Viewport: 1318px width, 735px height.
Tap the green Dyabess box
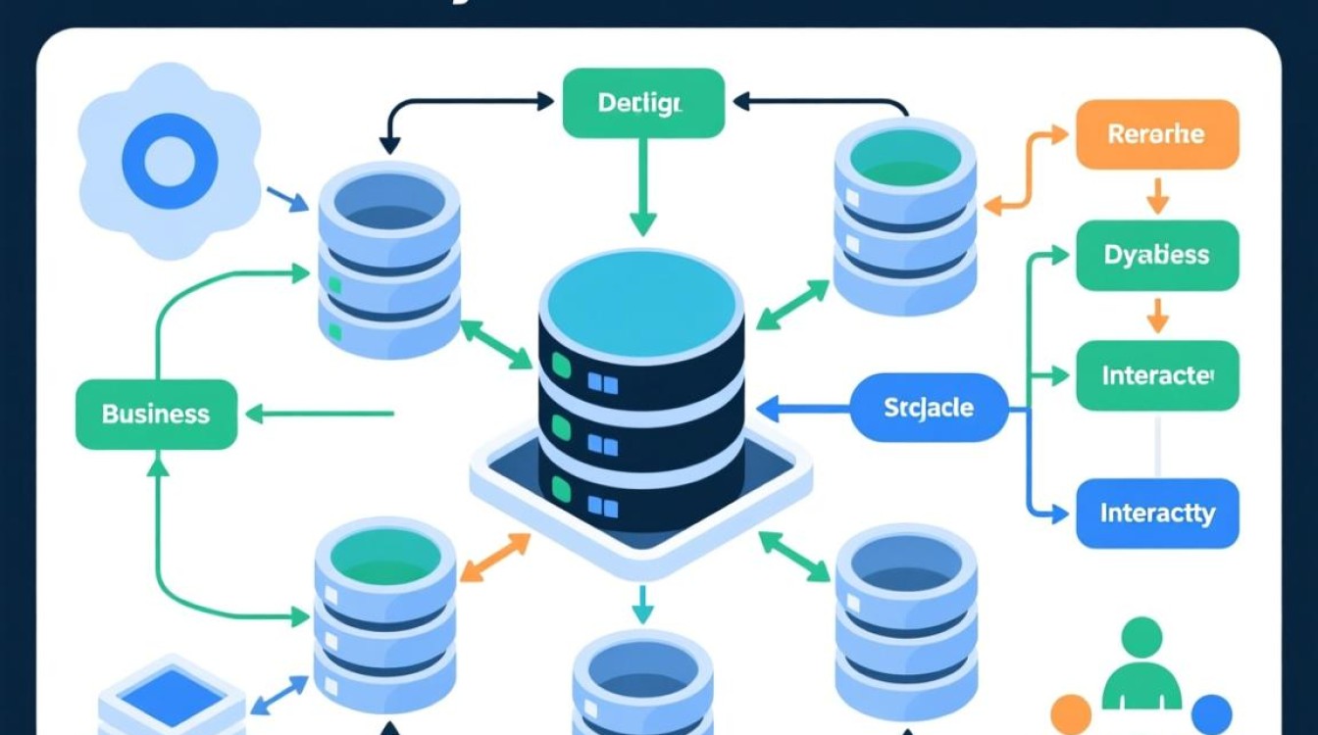(1156, 255)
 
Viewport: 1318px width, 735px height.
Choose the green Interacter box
(1157, 375)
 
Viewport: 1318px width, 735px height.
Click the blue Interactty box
(1157, 513)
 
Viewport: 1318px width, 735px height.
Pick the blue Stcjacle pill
(928, 407)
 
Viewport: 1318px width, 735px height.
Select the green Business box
(156, 414)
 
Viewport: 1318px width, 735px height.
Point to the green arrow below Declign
(641, 186)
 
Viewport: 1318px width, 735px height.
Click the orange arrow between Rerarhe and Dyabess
(1158, 195)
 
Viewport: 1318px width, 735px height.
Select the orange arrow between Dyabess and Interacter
(1158, 315)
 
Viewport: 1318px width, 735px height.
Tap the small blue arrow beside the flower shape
(286, 199)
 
